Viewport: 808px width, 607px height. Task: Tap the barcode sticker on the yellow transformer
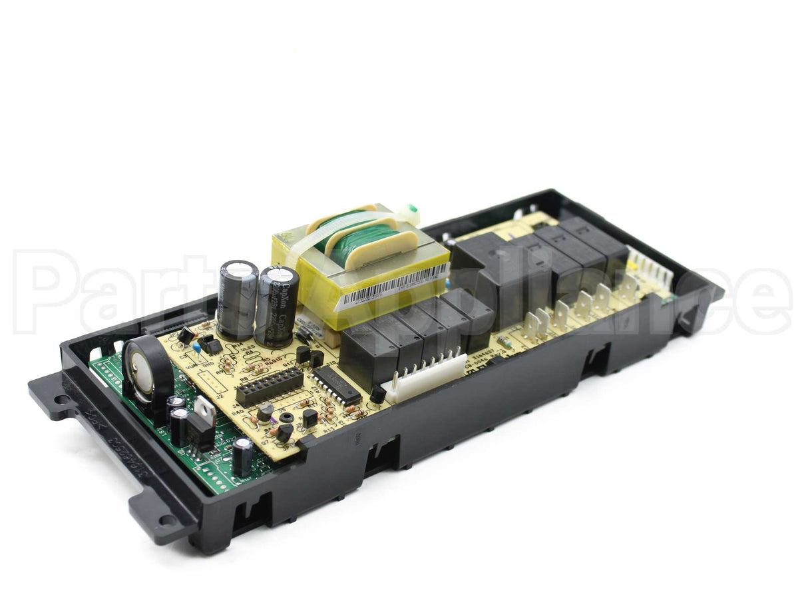click(x=393, y=286)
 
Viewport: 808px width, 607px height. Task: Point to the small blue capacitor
click(x=197, y=348)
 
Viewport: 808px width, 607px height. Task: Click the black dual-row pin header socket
click(x=270, y=386)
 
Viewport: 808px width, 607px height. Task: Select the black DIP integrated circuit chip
click(x=336, y=384)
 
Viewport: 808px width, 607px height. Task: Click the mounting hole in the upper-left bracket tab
click(x=61, y=400)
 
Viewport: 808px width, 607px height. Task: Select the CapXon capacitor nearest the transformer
click(x=277, y=305)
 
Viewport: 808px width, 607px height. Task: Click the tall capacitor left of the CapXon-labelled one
click(x=237, y=299)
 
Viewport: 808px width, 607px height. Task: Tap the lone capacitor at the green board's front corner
click(x=242, y=456)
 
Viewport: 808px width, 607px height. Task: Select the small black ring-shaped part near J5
click(x=287, y=418)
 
